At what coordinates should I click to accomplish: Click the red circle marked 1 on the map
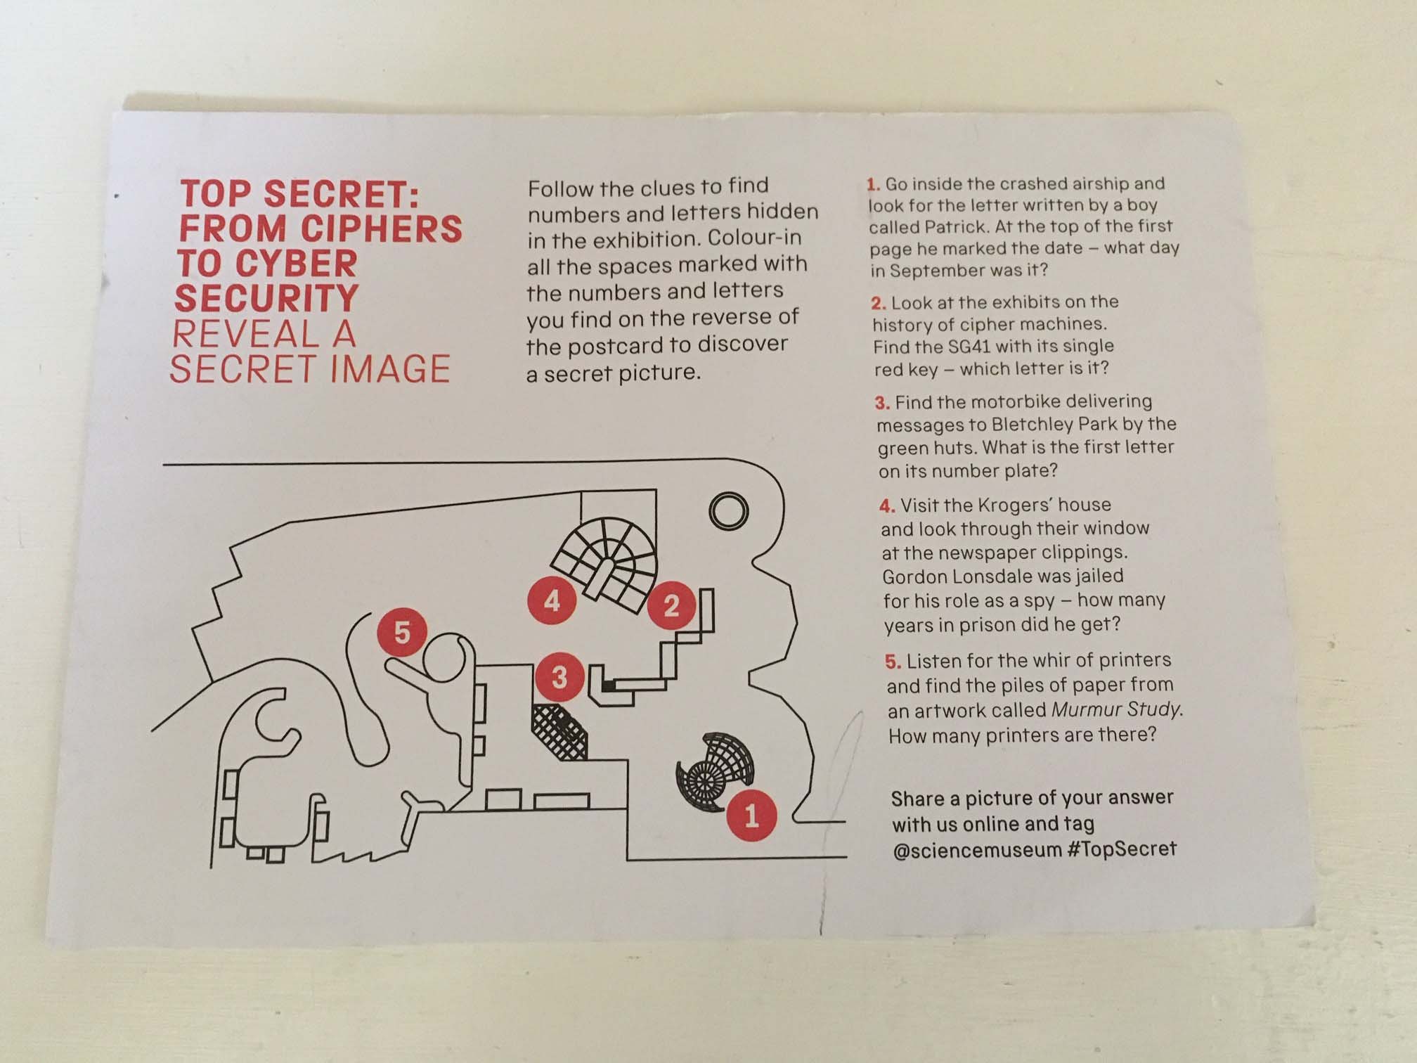751,816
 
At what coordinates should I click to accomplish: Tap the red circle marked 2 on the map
671,605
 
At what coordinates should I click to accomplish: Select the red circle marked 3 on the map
559,677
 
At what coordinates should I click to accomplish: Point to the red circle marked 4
552,601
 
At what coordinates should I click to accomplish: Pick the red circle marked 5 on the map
401,632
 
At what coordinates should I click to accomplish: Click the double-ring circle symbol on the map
729,511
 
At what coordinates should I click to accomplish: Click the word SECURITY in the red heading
266,298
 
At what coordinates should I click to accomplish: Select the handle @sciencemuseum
976,850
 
